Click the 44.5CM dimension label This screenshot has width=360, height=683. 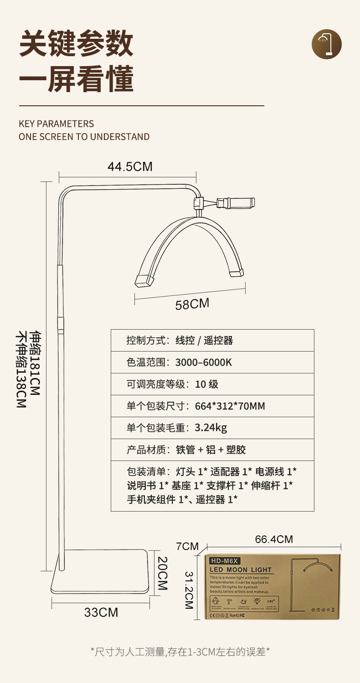pos(130,167)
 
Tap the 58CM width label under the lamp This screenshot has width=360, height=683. pos(192,304)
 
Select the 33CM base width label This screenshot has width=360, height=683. pos(101,612)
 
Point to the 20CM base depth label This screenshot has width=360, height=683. pos(162,573)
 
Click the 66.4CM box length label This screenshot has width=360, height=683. pos(274,539)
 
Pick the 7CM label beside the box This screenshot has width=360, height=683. pos(187,546)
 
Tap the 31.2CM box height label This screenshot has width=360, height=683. pos(188,590)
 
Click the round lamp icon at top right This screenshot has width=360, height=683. pos(326,44)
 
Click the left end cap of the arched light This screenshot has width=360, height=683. pos(144,281)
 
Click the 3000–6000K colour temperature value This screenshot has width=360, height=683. pos(204,362)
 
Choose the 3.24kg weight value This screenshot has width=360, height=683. pos(211,428)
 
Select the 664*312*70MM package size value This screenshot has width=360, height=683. pos(230,406)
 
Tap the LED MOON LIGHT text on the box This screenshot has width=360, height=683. pos(240,569)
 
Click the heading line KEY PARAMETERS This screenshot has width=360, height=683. pos(56,124)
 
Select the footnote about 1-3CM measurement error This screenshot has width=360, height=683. pos(180,652)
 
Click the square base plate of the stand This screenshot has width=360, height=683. pos(100,572)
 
